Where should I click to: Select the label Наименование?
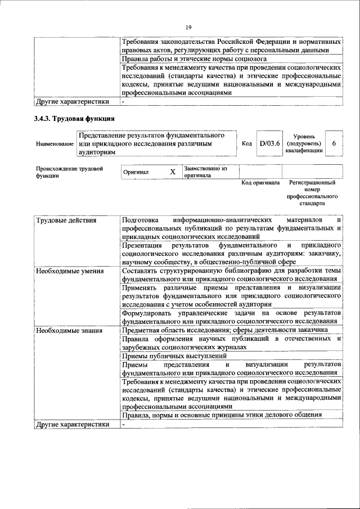click(x=55, y=145)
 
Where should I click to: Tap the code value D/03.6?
click(x=269, y=144)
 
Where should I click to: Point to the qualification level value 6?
click(x=334, y=144)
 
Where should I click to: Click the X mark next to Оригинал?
click(x=173, y=172)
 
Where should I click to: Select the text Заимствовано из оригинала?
click(x=205, y=172)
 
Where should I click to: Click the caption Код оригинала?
click(x=260, y=183)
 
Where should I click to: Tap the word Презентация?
click(x=142, y=245)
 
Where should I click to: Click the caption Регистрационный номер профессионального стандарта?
click(x=312, y=193)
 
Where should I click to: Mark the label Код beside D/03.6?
click(x=246, y=144)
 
